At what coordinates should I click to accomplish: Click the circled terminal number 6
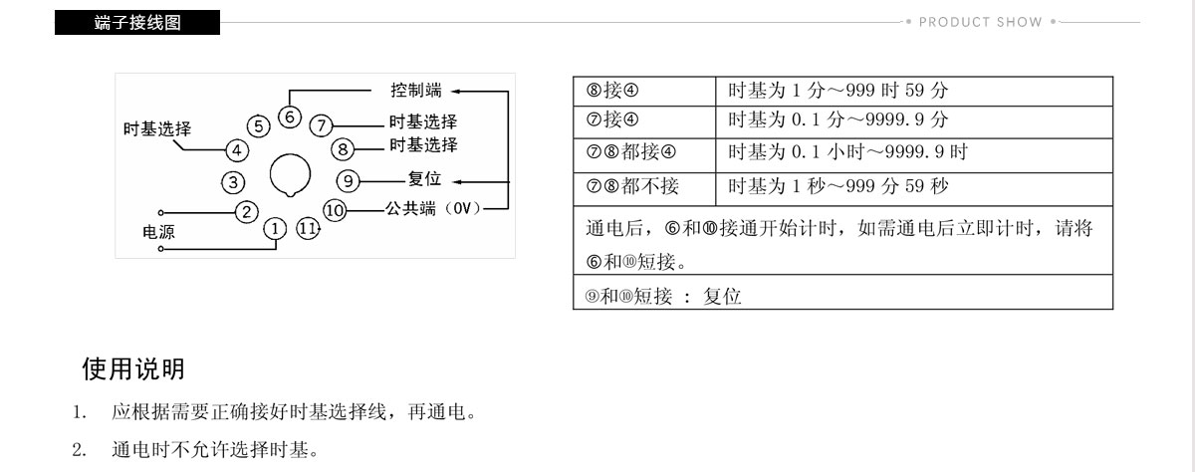tap(290, 117)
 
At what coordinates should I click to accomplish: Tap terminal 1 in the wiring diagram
tap(275, 229)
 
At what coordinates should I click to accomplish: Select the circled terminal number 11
tap(308, 229)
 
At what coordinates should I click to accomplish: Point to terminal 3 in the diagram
tap(233, 183)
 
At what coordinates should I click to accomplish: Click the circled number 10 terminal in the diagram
tap(335, 210)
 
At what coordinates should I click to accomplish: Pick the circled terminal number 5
tap(259, 126)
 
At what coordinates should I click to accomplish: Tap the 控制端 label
tap(416, 91)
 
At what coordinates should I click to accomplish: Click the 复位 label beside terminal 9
tap(424, 178)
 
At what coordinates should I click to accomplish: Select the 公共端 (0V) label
tap(433, 208)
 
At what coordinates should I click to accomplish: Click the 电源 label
tap(158, 232)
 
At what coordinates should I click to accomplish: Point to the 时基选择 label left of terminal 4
tap(157, 129)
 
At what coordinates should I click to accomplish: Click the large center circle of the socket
tap(290, 175)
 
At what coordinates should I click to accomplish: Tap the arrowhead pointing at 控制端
tap(456, 92)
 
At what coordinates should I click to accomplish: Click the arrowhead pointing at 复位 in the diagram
tap(457, 182)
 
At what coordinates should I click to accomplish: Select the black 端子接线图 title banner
tap(137, 22)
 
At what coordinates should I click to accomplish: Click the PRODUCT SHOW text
tap(981, 22)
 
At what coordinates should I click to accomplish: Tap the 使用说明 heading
tap(133, 369)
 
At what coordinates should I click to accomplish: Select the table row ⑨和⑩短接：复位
tap(842, 293)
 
